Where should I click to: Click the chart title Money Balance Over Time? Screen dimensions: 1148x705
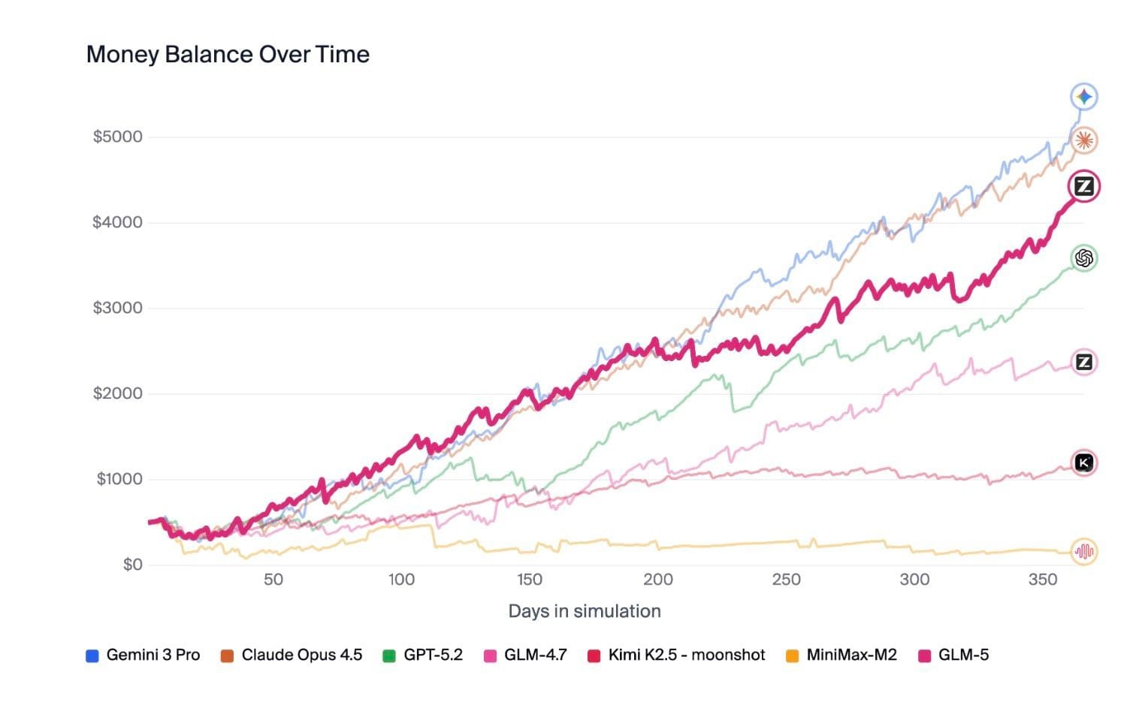(228, 55)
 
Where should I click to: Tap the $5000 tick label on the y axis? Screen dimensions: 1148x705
(117, 137)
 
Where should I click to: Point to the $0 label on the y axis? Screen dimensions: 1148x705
(133, 564)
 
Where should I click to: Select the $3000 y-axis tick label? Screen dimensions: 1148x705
(117, 308)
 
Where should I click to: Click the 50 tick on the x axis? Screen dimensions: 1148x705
(273, 580)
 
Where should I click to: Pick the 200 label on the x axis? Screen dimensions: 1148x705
(658, 580)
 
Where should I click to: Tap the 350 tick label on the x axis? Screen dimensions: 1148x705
(1043, 580)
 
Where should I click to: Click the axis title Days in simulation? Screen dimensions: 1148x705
(585, 611)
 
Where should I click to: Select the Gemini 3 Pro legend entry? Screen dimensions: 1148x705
(143, 655)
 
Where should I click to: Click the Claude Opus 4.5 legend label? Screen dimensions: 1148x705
(292, 655)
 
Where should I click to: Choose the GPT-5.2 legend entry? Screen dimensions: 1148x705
(423, 655)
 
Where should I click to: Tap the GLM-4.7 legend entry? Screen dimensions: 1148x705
(526, 655)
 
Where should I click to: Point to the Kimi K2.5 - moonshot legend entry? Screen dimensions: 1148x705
(676, 655)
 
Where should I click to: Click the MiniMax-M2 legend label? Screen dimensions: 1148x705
(841, 655)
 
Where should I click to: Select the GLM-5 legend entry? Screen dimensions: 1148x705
(953, 655)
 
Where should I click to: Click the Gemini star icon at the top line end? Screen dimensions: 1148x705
(1084, 96)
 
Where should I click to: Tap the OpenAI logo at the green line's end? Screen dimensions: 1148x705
(1084, 258)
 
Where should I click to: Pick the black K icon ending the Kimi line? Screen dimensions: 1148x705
(1084, 462)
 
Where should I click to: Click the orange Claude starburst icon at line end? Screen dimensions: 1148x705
(1084, 140)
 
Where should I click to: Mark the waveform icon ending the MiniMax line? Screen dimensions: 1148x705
(1084, 551)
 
